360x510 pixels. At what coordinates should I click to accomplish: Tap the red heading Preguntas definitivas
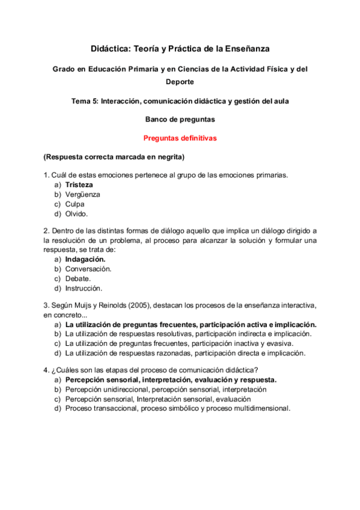coord(180,138)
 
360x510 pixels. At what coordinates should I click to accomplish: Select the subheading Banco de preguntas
coord(180,120)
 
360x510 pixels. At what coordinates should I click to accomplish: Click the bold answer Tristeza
coord(79,185)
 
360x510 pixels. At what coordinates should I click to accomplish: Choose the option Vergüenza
coord(82,194)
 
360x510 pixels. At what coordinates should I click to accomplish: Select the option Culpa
coord(75,204)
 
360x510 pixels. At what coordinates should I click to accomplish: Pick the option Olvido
coord(77,214)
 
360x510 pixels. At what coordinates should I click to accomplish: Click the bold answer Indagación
coord(85,259)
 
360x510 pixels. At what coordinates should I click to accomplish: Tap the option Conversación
coord(88,269)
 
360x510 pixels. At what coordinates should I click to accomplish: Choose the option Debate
coord(78,278)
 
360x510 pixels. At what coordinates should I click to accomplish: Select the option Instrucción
coord(84,288)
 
